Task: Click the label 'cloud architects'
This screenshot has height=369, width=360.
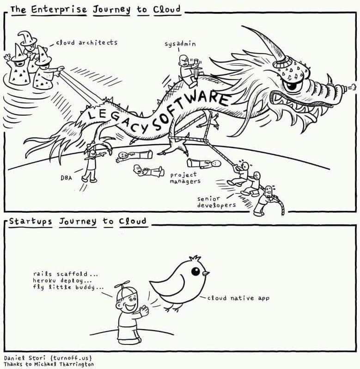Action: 86,42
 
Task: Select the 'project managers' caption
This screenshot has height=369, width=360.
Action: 184,178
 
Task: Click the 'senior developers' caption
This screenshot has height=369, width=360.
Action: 217,201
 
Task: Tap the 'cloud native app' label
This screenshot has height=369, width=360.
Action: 238,298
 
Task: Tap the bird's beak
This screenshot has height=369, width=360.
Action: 205,273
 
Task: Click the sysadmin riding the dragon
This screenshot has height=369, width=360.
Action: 187,70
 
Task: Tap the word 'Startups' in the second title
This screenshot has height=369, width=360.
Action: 31,221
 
